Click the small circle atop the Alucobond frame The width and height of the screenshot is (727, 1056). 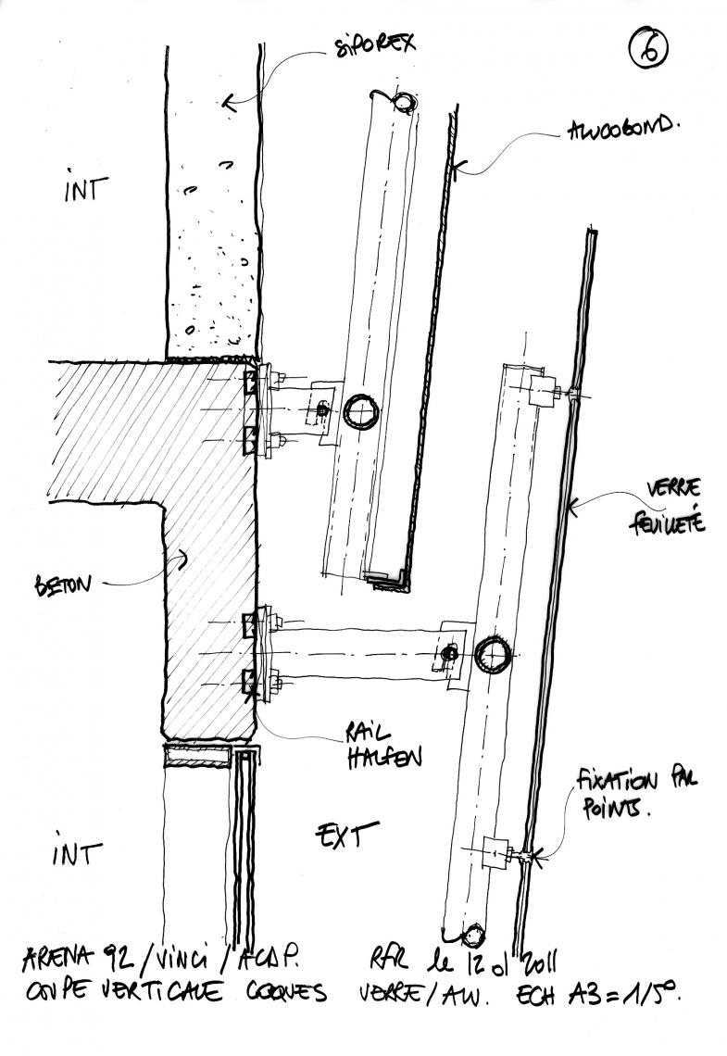pos(404,100)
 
